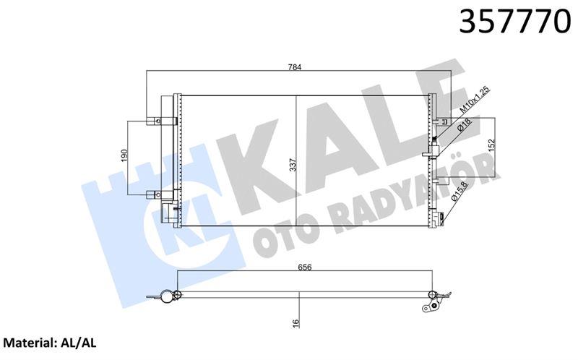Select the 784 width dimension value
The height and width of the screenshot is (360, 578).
click(x=296, y=67)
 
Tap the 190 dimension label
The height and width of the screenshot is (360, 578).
click(x=124, y=156)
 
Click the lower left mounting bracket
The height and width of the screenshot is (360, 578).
click(x=154, y=193)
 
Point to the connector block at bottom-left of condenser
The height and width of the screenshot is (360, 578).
click(x=167, y=211)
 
